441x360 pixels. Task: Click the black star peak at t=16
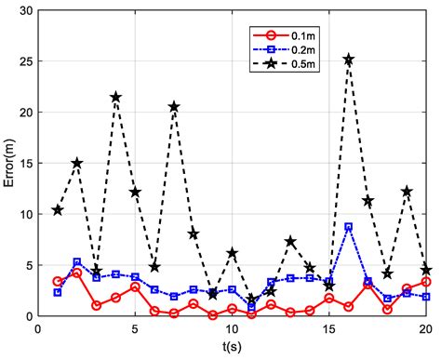tap(348, 60)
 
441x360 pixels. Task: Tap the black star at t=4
tap(115, 97)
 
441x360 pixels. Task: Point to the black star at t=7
tap(174, 107)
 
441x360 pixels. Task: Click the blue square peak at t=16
tap(348, 227)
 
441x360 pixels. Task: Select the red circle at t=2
tap(76, 273)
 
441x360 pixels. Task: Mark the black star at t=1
tap(58, 210)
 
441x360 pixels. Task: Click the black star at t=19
tap(407, 192)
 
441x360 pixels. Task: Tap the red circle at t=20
tap(426, 282)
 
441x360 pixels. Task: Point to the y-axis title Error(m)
tap(11, 163)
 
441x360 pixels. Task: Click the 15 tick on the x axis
tap(328, 328)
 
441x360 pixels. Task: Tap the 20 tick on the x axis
tap(425, 328)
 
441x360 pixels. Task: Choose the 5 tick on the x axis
tap(135, 328)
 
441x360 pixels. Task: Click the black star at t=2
tap(76, 163)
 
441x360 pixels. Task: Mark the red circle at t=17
tap(367, 283)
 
